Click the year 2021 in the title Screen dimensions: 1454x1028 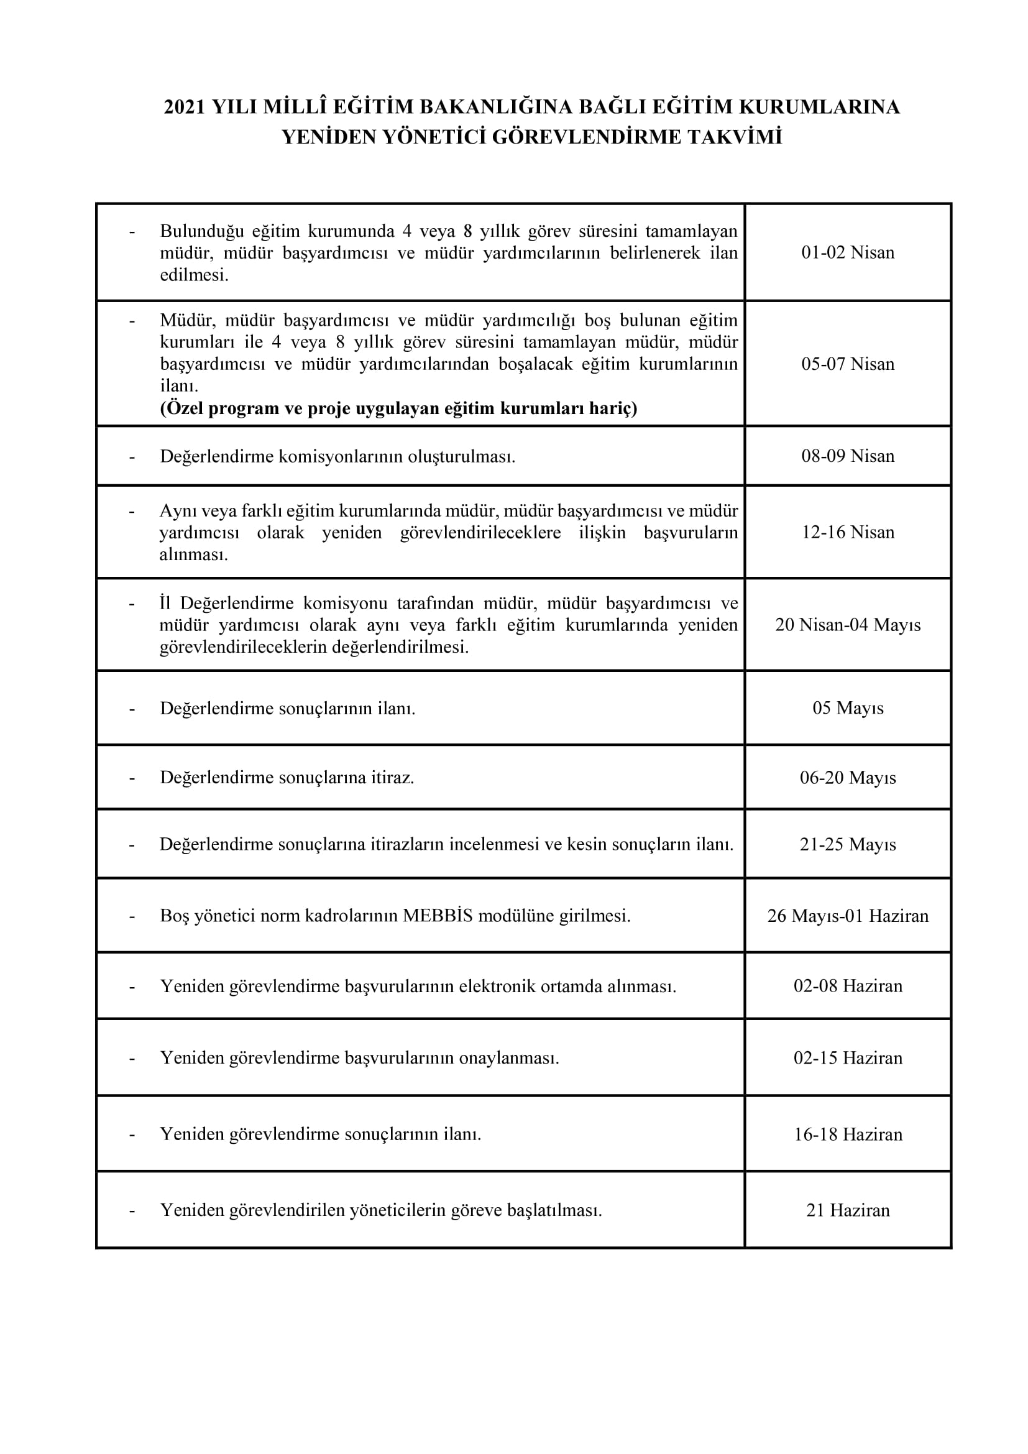tap(184, 108)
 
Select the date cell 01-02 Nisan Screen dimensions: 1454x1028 tap(848, 252)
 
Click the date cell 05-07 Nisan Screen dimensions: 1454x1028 tap(848, 364)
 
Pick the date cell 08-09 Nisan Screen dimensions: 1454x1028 tap(848, 456)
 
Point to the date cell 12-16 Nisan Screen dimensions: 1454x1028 tap(848, 532)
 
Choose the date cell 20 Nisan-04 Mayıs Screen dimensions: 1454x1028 tap(848, 625)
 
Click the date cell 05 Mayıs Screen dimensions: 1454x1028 tap(848, 708)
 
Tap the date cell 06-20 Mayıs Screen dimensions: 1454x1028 tap(848, 778)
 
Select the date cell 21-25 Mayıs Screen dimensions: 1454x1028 tap(848, 844)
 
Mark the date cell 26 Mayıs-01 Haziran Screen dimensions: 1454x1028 tap(848, 916)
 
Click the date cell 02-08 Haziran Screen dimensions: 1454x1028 tap(848, 985)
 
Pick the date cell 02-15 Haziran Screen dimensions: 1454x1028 tap(848, 1057)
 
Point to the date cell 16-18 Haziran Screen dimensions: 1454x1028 tap(848, 1134)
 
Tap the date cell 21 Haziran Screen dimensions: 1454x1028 tap(848, 1210)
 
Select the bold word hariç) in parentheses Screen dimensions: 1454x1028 tap(613, 408)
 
